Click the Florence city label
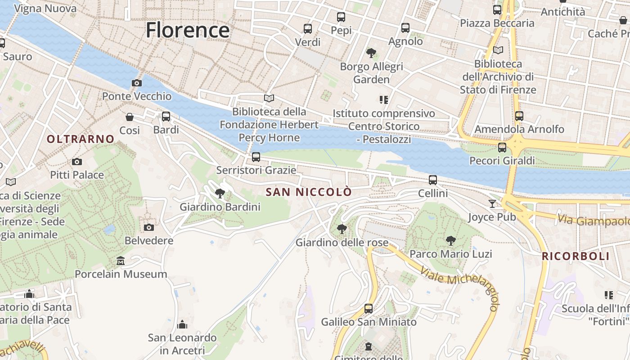[x=188, y=30]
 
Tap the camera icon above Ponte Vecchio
[x=136, y=83]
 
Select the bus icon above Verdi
[x=308, y=29]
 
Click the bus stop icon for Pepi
[x=341, y=18]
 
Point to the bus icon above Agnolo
[x=405, y=28]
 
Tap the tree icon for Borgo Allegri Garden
[x=371, y=53]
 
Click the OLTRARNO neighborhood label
[x=81, y=139]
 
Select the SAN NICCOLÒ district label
[x=309, y=192]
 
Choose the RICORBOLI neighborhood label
[x=576, y=256]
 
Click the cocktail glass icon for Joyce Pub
[x=492, y=204]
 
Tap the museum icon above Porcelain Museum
[x=121, y=261]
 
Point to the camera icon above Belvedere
[x=149, y=227]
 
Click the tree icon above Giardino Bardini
[x=220, y=193]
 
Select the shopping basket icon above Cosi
[x=130, y=117]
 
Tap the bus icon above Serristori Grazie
[x=256, y=157]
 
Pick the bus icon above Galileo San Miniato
[x=369, y=309]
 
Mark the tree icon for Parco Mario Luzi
[x=450, y=241]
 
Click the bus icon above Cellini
[x=433, y=180]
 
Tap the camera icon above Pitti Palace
[x=77, y=162]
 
